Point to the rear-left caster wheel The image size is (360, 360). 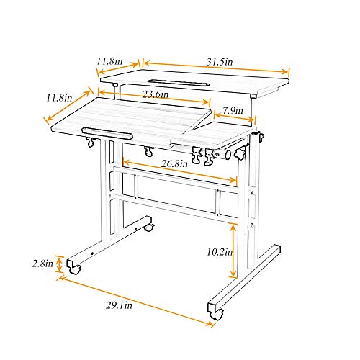[x=149, y=228]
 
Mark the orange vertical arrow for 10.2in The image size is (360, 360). [x=233, y=251]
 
